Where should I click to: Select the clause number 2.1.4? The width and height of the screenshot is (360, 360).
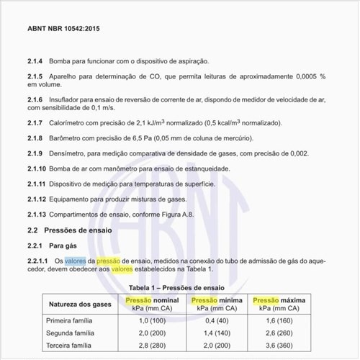[37, 63]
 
